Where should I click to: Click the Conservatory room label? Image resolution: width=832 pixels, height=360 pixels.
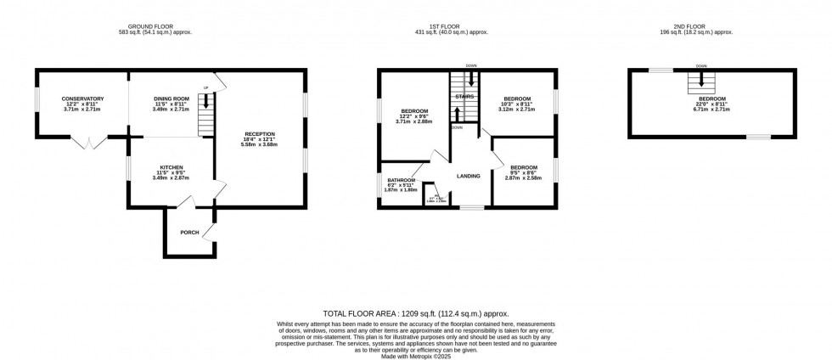(x=82, y=99)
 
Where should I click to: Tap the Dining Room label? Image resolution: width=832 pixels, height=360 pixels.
(x=170, y=99)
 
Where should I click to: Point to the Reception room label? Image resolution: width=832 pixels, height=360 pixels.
(x=261, y=135)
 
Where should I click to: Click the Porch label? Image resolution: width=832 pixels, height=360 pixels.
(x=188, y=232)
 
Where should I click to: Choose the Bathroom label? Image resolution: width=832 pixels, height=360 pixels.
(x=402, y=180)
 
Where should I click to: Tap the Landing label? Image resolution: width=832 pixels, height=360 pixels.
(x=469, y=176)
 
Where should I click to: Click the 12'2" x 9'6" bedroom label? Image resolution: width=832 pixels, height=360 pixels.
(x=413, y=112)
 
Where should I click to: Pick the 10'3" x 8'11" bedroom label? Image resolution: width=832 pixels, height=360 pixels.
(x=517, y=99)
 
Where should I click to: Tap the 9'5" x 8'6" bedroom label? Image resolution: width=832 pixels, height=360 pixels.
(x=524, y=167)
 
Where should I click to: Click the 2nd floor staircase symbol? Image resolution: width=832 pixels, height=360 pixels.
(x=701, y=80)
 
